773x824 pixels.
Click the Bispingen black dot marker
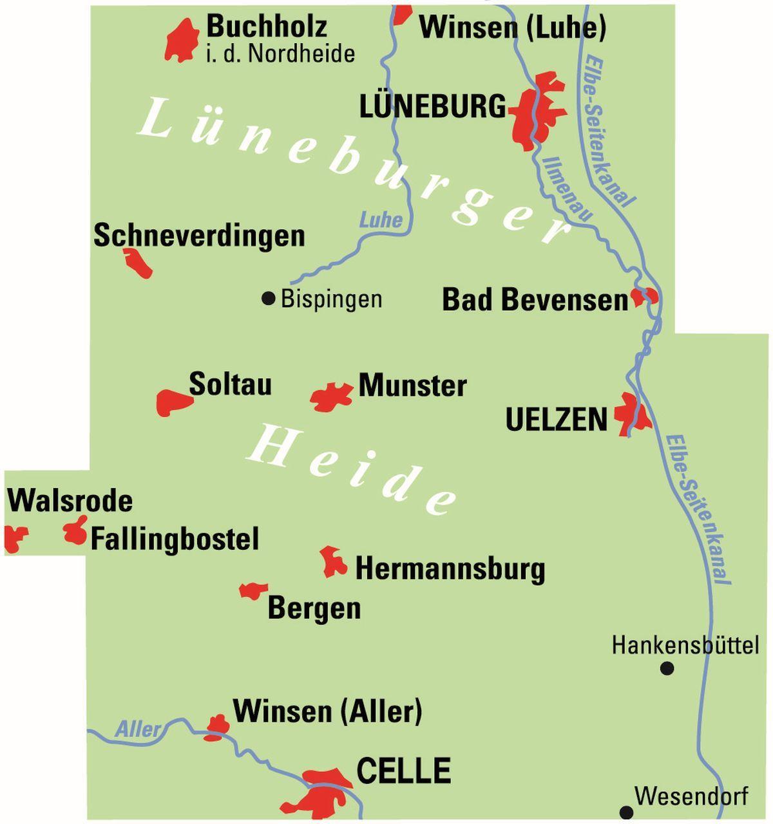point(269,299)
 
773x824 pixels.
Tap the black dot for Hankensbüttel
point(667,669)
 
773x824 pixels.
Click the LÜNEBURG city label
point(432,107)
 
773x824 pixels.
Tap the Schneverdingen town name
point(199,236)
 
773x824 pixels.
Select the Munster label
point(412,386)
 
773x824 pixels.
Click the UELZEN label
point(557,420)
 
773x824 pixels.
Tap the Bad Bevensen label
point(534,300)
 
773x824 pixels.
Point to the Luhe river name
point(381,220)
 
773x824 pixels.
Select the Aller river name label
point(138,729)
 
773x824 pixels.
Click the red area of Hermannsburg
point(334,563)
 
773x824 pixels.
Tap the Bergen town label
point(314,608)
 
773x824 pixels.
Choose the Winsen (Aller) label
point(327,711)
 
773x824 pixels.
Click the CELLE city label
point(403,771)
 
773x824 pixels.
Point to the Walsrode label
point(70,501)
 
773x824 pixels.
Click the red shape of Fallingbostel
point(75,532)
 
